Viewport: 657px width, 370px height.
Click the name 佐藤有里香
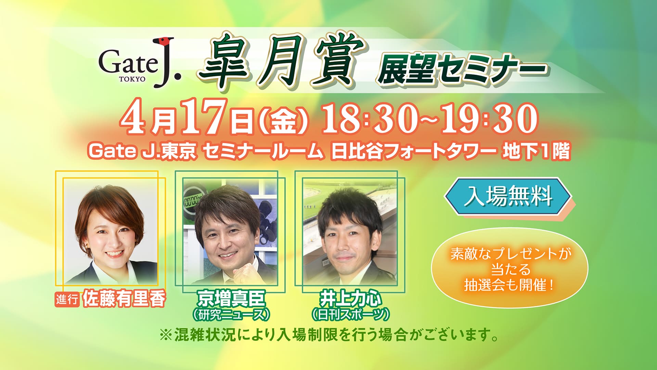pos(124,299)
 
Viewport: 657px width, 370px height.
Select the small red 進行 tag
pos(67,299)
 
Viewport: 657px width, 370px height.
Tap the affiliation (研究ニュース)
pos(231,314)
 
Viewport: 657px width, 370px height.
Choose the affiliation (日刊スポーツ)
pos(350,314)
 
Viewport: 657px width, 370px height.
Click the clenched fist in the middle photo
pos(246,274)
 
